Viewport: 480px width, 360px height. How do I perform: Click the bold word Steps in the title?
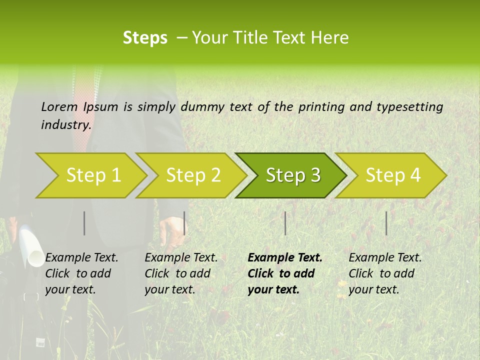point(145,37)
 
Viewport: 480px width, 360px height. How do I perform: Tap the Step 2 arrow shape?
point(192,175)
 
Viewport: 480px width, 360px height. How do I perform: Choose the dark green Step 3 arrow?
point(292,175)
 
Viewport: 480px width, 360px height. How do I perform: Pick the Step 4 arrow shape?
point(392,175)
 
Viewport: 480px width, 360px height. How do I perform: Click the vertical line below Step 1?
point(84,223)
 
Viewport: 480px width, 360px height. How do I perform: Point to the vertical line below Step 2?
point(184,223)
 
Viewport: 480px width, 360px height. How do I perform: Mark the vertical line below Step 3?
point(285,223)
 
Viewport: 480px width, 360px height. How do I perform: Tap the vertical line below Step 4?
point(386,223)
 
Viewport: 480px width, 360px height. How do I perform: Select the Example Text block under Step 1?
point(81,273)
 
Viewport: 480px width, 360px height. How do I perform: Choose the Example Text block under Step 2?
point(181,273)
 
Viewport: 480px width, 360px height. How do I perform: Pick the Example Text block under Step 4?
point(385,273)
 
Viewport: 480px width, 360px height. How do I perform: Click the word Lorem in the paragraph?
point(59,106)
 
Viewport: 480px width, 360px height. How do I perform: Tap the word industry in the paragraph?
point(65,124)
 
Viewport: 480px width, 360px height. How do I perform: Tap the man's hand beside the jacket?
point(171,231)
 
